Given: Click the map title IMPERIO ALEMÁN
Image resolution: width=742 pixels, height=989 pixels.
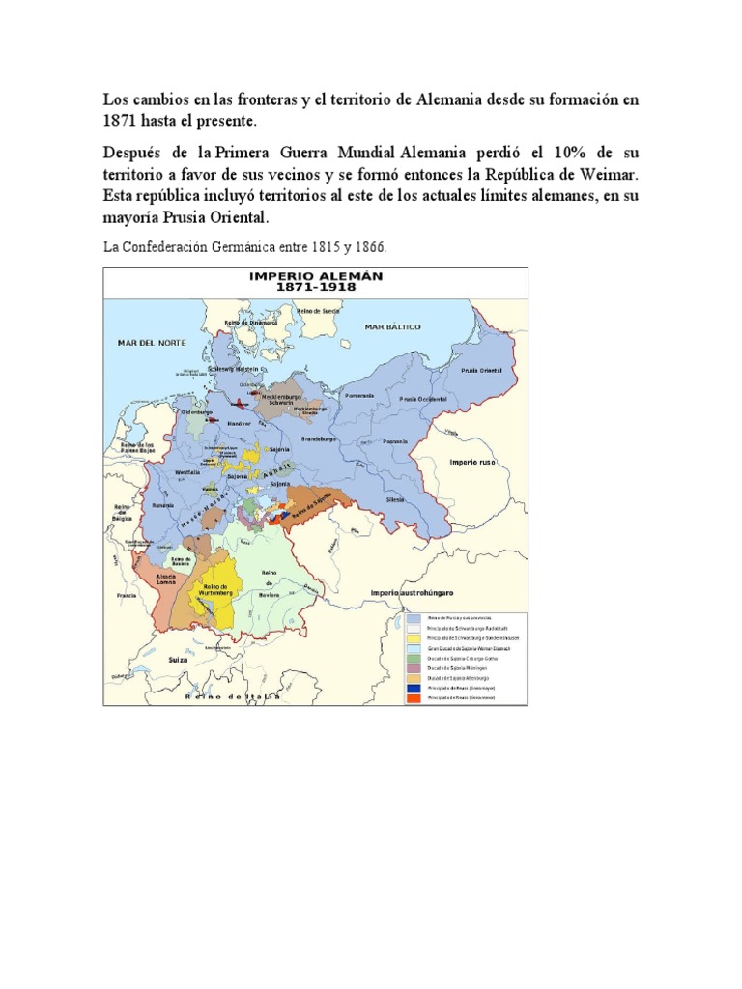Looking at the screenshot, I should (x=316, y=276).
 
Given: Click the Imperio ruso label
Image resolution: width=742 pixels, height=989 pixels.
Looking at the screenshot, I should (x=472, y=463).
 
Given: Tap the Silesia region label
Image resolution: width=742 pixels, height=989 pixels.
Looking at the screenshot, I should (x=395, y=500).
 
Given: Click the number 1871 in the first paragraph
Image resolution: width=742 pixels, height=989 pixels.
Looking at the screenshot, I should (x=122, y=122).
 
